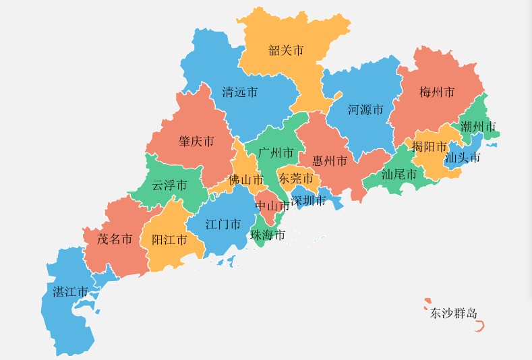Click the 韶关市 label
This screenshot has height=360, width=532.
pyautogui.click(x=286, y=51)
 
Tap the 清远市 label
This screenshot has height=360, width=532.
pyautogui.click(x=239, y=92)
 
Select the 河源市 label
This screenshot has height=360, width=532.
pyautogui.click(x=365, y=109)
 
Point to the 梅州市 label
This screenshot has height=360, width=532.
pyautogui.click(x=436, y=92)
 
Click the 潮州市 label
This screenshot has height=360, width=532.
pyautogui.click(x=478, y=126)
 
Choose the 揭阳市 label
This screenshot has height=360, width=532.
pyautogui.click(x=429, y=146)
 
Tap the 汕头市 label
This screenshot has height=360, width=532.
pyautogui.click(x=463, y=158)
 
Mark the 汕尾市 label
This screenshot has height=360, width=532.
pyautogui.click(x=399, y=174)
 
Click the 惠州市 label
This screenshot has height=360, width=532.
pyautogui.click(x=329, y=161)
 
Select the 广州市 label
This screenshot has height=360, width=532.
pyautogui.click(x=276, y=153)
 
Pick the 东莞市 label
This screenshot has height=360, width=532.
pyautogui.click(x=295, y=179)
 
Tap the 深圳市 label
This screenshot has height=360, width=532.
pyautogui.click(x=308, y=200)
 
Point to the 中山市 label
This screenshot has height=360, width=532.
pyautogui.click(x=272, y=206)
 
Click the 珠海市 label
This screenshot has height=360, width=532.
pyautogui.click(x=267, y=235)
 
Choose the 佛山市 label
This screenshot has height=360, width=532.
pyautogui.click(x=245, y=180)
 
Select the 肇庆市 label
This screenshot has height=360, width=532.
pyautogui.click(x=196, y=142)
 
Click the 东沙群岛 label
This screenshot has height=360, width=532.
pyautogui.click(x=454, y=313)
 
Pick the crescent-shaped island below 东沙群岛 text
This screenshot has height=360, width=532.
pyautogui.click(x=480, y=327)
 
